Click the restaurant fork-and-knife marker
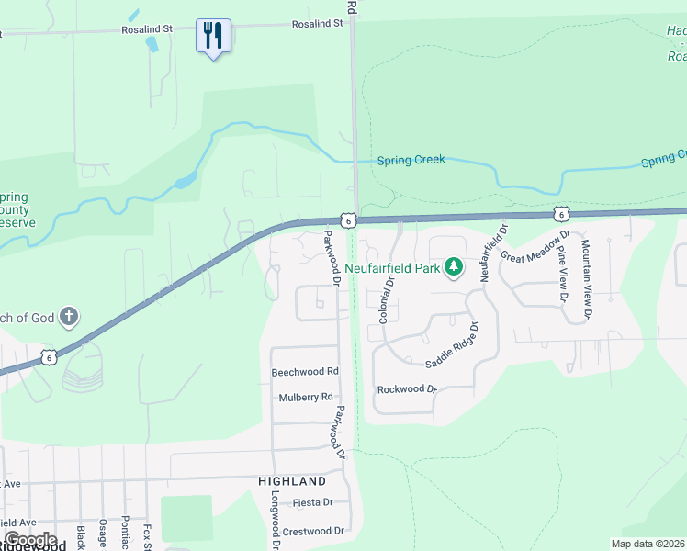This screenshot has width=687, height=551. point(213,37)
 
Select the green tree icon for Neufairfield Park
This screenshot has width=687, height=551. point(453,267)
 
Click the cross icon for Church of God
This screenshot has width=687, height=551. point(68,318)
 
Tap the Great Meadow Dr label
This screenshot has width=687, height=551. point(535,246)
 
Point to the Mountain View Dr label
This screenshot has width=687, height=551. point(586,281)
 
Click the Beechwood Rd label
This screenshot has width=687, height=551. point(305,372)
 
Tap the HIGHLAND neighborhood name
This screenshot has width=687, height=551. point(292,481)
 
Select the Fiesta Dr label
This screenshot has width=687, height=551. point(312,503)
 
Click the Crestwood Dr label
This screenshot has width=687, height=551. point(313,531)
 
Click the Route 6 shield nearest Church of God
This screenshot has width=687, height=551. point(49,355)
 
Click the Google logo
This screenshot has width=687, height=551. point(29,540)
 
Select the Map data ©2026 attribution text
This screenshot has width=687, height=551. point(647,544)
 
